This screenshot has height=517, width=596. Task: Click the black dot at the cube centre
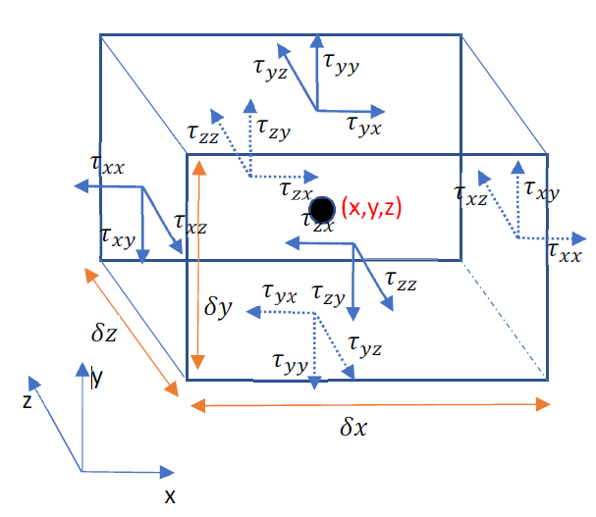[x=322, y=210]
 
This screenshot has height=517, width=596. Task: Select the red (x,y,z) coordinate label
[x=373, y=208]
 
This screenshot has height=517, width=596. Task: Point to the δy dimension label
[x=218, y=306]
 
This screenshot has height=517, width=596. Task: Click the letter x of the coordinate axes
[x=170, y=495]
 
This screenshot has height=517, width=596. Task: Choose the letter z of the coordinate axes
[x=27, y=400]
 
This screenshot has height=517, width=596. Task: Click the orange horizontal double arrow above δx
[x=368, y=402]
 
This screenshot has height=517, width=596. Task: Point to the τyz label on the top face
[x=270, y=68]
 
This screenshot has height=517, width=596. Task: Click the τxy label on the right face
[x=542, y=189]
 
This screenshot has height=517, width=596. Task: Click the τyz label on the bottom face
[x=364, y=345]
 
